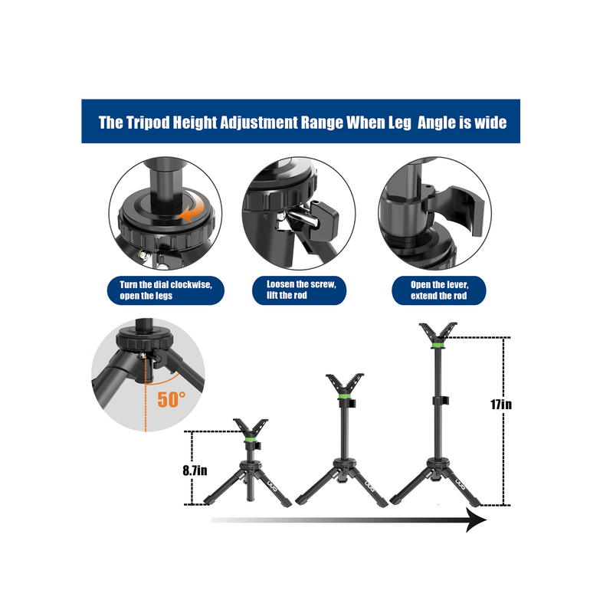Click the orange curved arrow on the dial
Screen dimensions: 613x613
[192, 206]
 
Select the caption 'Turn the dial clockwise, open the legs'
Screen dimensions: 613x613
[166, 290]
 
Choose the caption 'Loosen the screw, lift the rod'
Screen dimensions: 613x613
[301, 290]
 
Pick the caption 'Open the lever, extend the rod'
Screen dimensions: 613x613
[439, 290]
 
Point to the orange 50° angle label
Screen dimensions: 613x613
[171, 399]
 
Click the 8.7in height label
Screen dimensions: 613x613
[195, 470]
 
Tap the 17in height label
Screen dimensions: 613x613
[501, 404]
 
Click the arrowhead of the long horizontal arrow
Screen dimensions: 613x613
[477, 520]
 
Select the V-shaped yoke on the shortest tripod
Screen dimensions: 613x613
[251, 428]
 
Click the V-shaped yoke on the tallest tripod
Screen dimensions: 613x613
[438, 333]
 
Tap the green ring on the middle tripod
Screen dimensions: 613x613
[344, 396]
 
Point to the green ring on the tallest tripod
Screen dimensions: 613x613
[438, 346]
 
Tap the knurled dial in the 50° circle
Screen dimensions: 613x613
[144, 339]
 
